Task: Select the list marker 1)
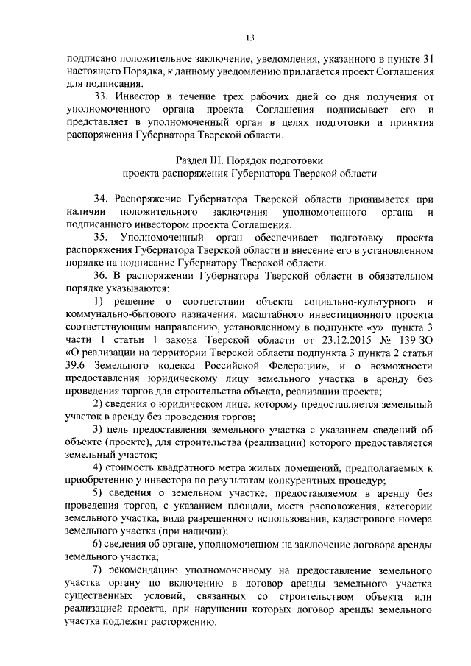[x=99, y=302]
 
